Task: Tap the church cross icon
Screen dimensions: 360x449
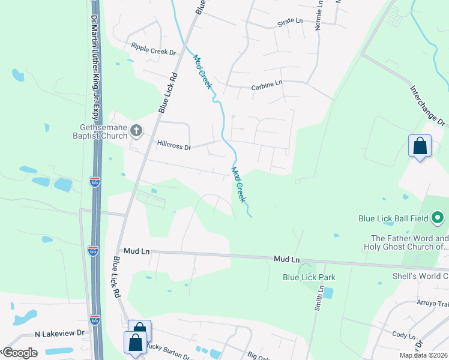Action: [137, 130]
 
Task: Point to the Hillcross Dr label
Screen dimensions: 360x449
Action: [173, 145]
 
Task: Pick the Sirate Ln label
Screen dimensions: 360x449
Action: [290, 21]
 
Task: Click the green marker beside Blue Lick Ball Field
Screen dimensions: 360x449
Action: [439, 218]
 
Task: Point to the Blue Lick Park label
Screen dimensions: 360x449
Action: [309, 277]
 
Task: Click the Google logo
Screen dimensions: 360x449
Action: [20, 353]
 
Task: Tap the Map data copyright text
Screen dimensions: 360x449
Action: [423, 355]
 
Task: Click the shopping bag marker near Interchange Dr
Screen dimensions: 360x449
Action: [420, 146]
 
